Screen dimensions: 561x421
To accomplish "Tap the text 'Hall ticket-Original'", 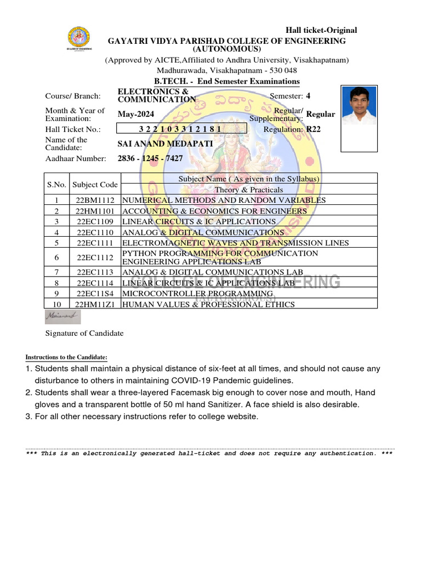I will [x=321, y=30].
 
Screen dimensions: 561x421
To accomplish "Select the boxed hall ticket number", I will [x=181, y=129].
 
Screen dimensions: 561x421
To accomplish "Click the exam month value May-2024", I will [x=136, y=114].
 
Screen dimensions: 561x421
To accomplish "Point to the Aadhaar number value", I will [x=150, y=158].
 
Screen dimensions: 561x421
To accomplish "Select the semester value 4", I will [x=308, y=96].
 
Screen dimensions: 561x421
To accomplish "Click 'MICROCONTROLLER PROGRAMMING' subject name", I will [x=197, y=294].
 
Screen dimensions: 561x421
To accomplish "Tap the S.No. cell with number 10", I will [x=57, y=305].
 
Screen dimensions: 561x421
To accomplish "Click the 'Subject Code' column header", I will [x=95, y=185].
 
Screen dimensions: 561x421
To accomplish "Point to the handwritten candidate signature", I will [x=62, y=317].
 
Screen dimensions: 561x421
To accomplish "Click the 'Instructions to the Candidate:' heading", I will [x=66, y=358].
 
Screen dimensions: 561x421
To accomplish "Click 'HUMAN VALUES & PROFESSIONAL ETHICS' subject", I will [x=208, y=305].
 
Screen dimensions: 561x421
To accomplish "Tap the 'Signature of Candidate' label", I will [x=84, y=333].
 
